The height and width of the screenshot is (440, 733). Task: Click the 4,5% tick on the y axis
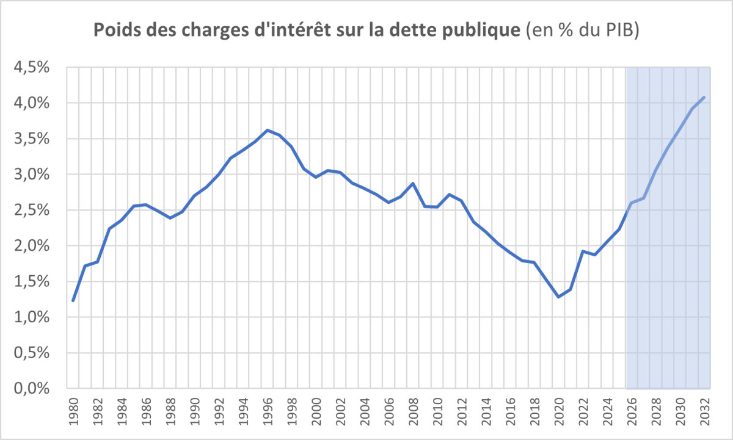pyautogui.click(x=32, y=67)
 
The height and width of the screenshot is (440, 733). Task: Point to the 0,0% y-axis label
pyautogui.click(x=32, y=389)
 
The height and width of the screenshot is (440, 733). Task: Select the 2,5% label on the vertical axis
pyautogui.click(x=32, y=210)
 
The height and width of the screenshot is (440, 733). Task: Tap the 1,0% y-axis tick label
pyautogui.click(x=32, y=317)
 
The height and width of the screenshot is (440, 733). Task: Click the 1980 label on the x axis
pyautogui.click(x=75, y=411)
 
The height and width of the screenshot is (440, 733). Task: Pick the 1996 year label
pyautogui.click(x=268, y=411)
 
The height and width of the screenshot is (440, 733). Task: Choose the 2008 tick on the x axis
pyautogui.click(x=414, y=411)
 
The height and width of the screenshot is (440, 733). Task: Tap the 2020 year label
pyautogui.click(x=560, y=411)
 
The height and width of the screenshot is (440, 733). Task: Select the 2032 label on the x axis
pyautogui.click(x=705, y=411)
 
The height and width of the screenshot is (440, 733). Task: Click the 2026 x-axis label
pyautogui.click(x=632, y=411)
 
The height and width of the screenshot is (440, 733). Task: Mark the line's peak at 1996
pyautogui.click(x=268, y=130)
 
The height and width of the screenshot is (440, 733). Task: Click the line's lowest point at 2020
pyautogui.click(x=558, y=297)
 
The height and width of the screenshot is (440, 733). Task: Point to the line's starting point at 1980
pyautogui.click(x=73, y=301)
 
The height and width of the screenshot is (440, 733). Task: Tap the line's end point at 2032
pyautogui.click(x=704, y=98)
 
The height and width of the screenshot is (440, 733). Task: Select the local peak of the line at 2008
pyautogui.click(x=413, y=184)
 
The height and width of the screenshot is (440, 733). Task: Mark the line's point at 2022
pyautogui.click(x=583, y=251)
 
